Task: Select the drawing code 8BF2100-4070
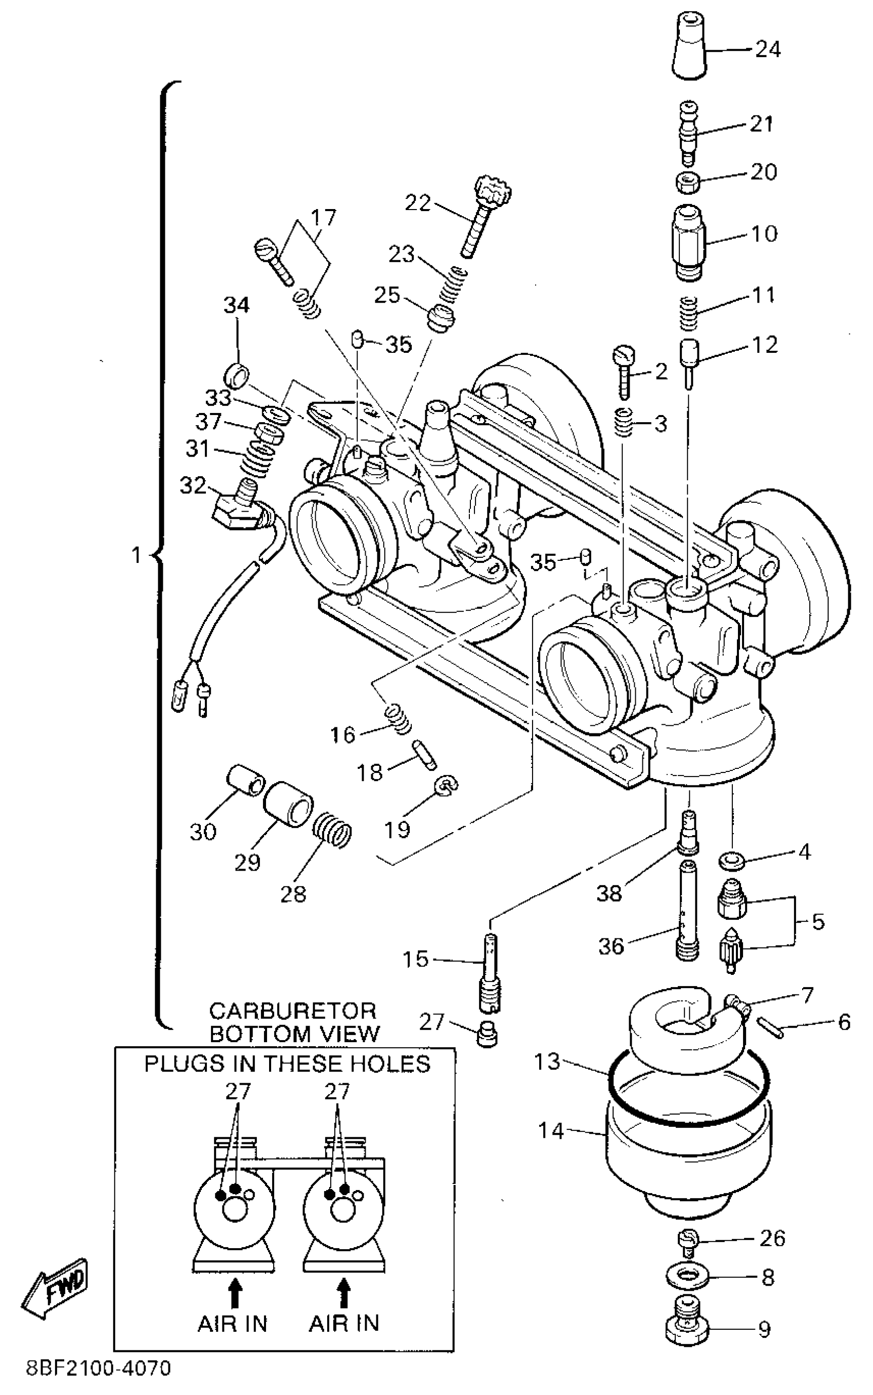tap(99, 1380)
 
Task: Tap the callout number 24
tap(768, 50)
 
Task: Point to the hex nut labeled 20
tap(688, 182)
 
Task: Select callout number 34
tap(237, 306)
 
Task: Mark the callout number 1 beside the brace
tap(136, 555)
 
